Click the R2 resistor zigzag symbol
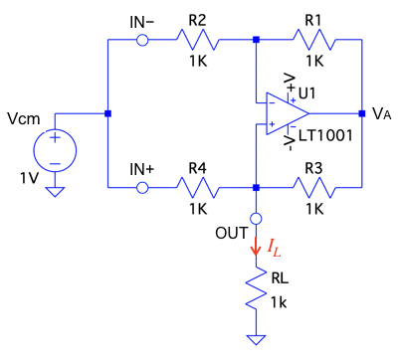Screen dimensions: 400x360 [197, 40]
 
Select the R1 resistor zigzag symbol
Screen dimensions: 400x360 [314, 40]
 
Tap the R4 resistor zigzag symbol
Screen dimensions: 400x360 [197, 188]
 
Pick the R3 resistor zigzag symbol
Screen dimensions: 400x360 [314, 188]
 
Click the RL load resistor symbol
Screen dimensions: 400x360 [256, 287]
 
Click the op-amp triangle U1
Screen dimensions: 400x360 [288, 113]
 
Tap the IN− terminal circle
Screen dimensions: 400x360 [142, 40]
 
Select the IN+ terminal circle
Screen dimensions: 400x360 [142, 188]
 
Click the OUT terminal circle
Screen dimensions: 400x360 [256, 219]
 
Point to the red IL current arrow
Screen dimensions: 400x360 [256, 246]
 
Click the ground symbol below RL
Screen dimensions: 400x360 [256, 340]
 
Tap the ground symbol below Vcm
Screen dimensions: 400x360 [55, 192]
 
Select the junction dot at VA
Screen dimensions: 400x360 [362, 113]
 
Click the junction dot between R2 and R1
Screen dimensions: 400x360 [256, 40]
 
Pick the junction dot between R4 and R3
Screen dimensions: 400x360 [256, 188]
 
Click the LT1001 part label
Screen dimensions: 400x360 [325, 135]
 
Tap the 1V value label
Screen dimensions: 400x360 [30, 178]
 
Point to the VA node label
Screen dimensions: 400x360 [381, 113]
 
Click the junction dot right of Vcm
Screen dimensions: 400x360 [107, 113]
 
